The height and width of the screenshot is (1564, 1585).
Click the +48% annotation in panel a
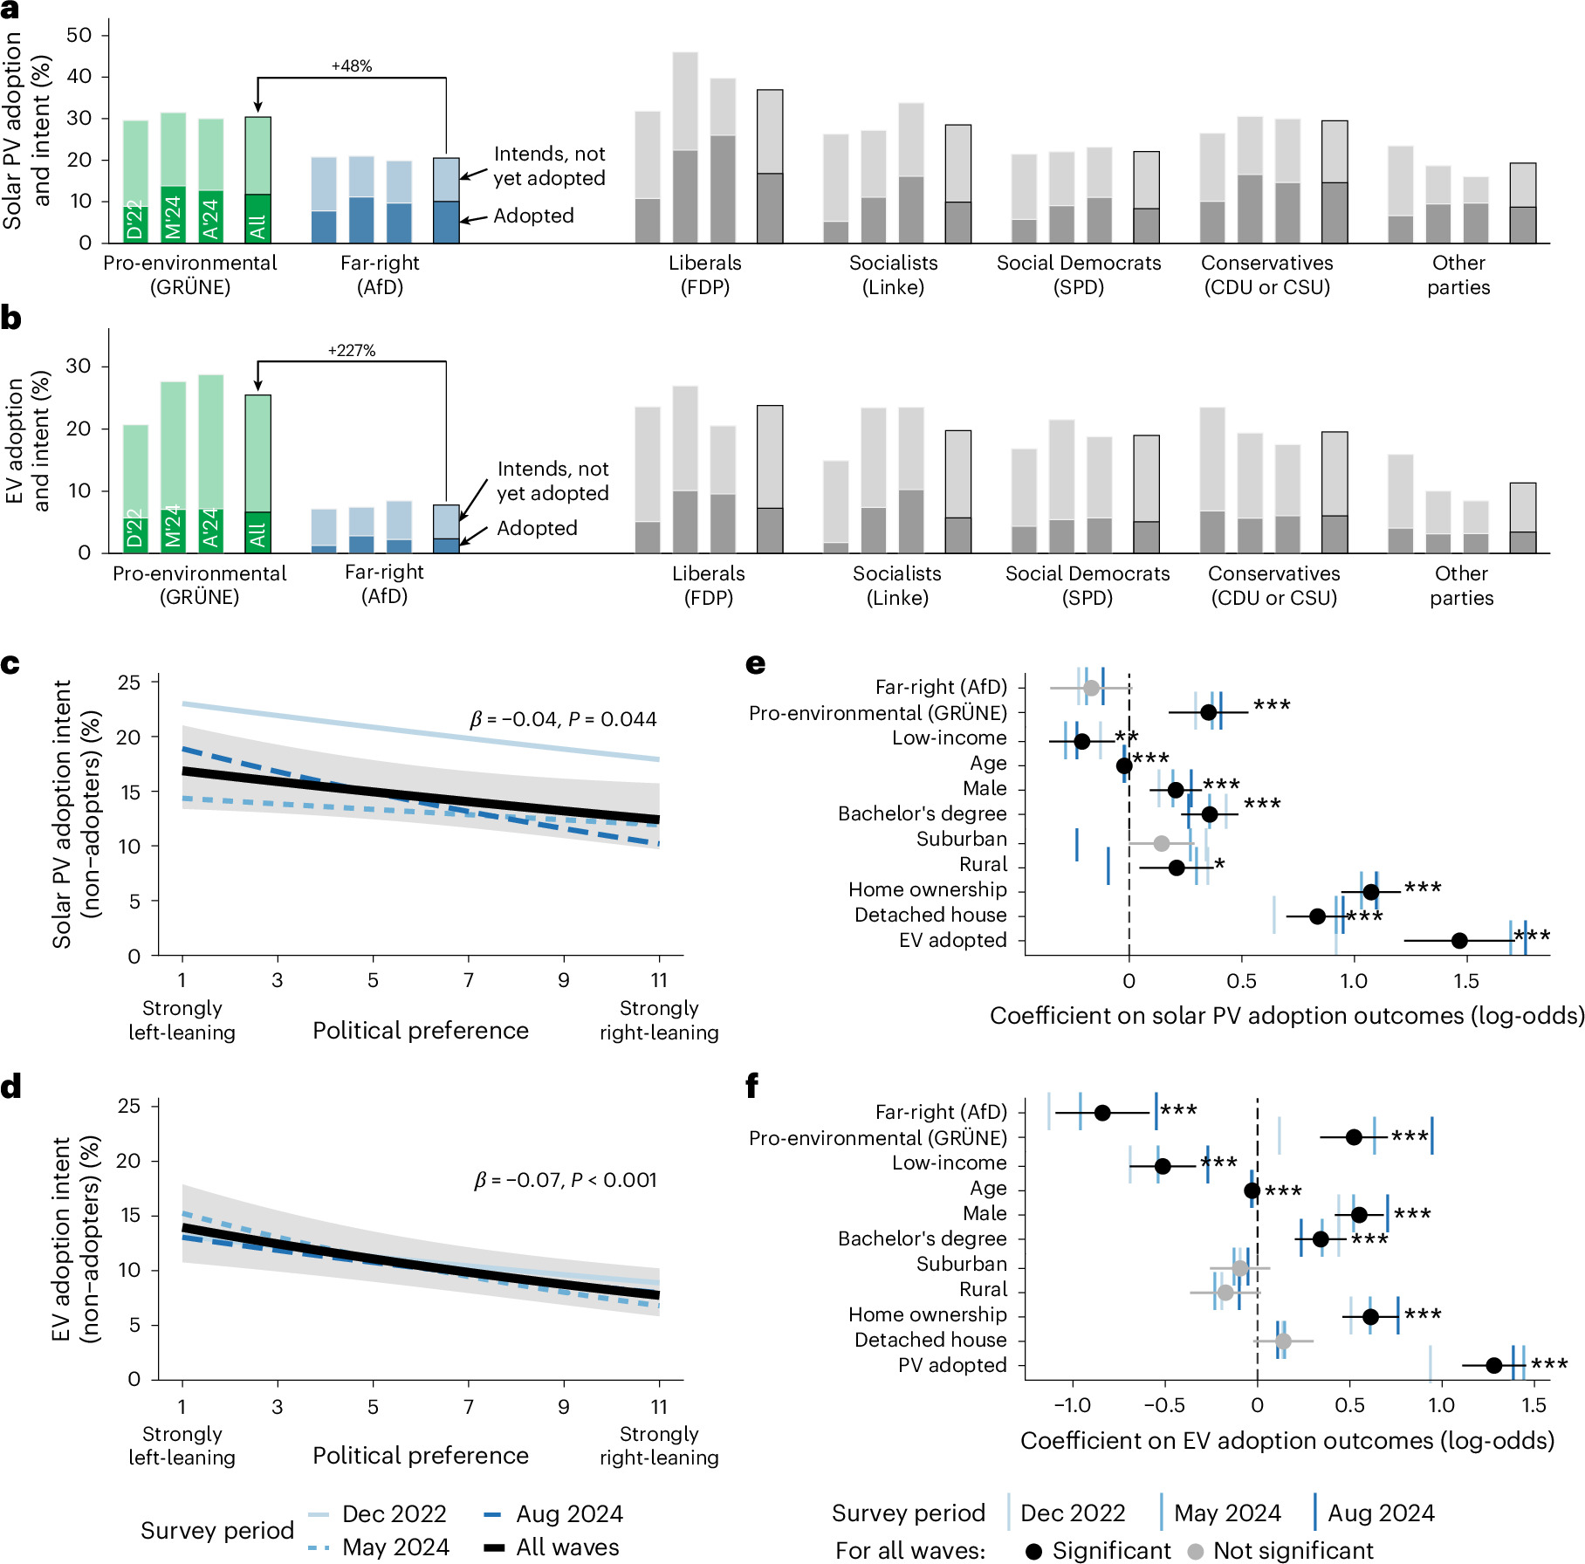point(352,66)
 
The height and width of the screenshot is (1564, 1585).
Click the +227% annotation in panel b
point(352,351)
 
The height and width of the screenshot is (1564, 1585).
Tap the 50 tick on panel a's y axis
point(79,35)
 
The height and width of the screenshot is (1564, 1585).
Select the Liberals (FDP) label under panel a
point(705,275)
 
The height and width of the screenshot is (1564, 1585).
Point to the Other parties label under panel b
point(1462,586)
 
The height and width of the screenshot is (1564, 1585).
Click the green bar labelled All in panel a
point(257,180)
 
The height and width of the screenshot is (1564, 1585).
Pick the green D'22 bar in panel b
point(135,489)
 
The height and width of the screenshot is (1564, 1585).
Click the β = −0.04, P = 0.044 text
point(563,719)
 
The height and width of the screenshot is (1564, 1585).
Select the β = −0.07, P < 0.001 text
point(565,1180)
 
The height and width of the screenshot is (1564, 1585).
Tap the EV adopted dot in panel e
point(1459,940)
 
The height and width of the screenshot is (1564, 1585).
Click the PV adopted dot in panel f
point(1494,1365)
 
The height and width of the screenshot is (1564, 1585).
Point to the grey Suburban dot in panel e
point(1162,843)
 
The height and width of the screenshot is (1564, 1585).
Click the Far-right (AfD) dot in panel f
point(1102,1113)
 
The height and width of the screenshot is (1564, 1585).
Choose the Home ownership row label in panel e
point(928,889)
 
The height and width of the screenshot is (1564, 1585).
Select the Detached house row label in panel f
point(930,1340)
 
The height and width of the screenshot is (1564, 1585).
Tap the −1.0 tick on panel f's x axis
point(1072,1405)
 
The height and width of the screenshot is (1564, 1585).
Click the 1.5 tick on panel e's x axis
point(1466,980)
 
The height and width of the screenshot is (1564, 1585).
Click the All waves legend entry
point(552,1547)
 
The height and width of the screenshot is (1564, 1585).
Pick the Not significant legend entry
point(1280,1550)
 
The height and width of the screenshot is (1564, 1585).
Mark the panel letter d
point(10,1087)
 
